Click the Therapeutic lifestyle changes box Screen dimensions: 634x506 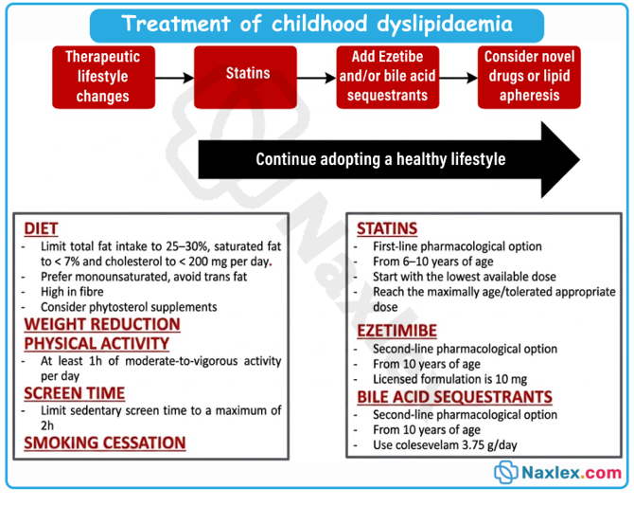click(103, 77)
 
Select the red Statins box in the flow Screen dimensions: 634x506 click(245, 77)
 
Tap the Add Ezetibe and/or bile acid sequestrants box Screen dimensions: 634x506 click(388, 77)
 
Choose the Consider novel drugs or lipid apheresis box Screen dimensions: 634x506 click(529, 77)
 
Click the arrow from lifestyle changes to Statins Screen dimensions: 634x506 click(175, 78)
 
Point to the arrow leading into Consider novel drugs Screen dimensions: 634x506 click(459, 78)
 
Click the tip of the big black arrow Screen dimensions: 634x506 click(580, 159)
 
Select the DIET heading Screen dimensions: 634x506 click(41, 228)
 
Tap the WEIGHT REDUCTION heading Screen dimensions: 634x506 click(102, 324)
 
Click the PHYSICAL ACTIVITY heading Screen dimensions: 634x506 click(97, 343)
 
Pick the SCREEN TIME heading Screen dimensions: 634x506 click(75, 393)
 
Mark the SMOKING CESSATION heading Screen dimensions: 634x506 click(105, 443)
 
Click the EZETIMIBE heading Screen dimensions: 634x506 click(396, 331)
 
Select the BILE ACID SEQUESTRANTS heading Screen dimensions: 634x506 click(454, 397)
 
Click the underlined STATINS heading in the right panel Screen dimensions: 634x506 click(387, 228)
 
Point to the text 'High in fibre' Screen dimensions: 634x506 click(72, 292)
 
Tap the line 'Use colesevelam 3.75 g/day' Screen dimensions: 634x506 click(445, 444)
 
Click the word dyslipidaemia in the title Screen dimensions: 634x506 click(445, 25)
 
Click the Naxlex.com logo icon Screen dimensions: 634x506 click(505, 472)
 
